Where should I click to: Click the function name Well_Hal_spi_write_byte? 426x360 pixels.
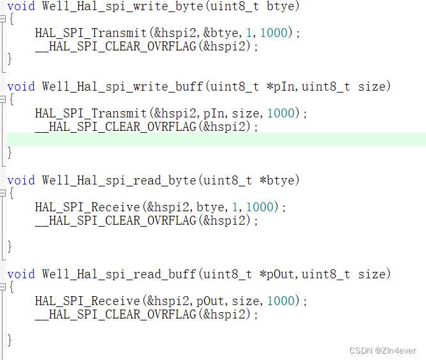pyautogui.click(x=122, y=6)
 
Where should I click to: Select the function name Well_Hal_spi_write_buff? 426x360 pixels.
pyautogui.click(x=122, y=87)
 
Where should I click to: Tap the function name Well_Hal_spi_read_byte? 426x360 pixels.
pyautogui.click(x=119, y=181)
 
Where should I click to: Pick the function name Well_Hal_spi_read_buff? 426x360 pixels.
pyautogui.click(x=119, y=274)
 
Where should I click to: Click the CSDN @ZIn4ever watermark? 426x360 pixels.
pyautogui.click(x=383, y=351)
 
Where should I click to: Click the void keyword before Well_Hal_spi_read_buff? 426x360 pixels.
pyautogui.click(x=21, y=274)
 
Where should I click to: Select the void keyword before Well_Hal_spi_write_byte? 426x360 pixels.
pyautogui.click(x=21, y=6)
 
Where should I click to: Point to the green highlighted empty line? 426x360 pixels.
pyautogui.click(x=217, y=140)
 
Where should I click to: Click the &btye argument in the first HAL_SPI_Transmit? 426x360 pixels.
pyautogui.click(x=221, y=33)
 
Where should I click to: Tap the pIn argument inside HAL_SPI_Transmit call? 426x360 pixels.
pyautogui.click(x=214, y=114)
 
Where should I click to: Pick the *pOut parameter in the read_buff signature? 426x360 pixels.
pyautogui.click(x=277, y=274)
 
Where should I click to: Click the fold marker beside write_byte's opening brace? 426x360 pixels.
pyautogui.click(x=3, y=19)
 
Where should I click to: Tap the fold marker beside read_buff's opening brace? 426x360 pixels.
pyautogui.click(x=3, y=287)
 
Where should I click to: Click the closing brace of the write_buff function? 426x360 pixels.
pyautogui.click(x=10, y=153)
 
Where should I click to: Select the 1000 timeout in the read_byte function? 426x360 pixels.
pyautogui.click(x=260, y=207)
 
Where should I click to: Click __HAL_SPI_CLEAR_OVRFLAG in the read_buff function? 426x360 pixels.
pyautogui.click(x=115, y=315)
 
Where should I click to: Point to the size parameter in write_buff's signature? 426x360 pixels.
pyautogui.click(x=372, y=87)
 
